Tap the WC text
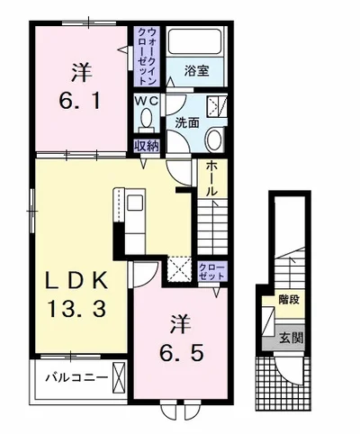[145, 103]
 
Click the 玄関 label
[289, 339]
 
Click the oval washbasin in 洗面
[212, 139]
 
